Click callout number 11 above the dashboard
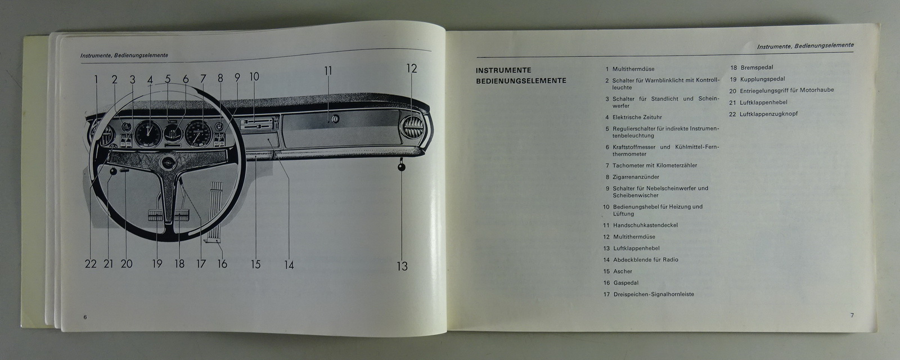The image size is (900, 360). click(x=328, y=71)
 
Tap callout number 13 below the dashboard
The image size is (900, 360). click(x=402, y=266)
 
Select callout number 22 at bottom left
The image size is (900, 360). click(x=91, y=264)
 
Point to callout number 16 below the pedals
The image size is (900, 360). click(x=222, y=264)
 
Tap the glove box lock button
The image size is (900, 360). click(x=335, y=119)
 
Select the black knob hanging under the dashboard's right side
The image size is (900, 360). click(x=402, y=166)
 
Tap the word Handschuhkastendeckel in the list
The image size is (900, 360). click(x=645, y=225)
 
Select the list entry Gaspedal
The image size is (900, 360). click(x=626, y=283)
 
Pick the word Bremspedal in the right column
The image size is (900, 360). click(x=757, y=67)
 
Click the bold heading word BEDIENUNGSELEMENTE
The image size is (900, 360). click(x=521, y=81)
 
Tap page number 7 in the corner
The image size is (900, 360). click(x=852, y=315)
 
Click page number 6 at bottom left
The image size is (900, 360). click(x=85, y=317)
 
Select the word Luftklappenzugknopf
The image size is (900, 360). click(x=768, y=114)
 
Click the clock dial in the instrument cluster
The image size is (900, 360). click(x=148, y=133)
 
